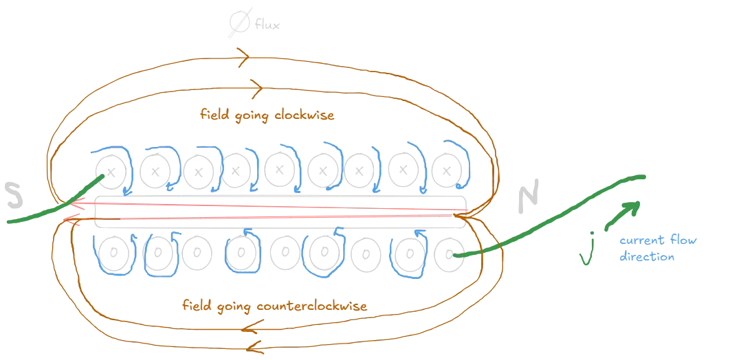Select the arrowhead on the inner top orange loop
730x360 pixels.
click(256, 87)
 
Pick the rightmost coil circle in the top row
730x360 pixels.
click(447, 168)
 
